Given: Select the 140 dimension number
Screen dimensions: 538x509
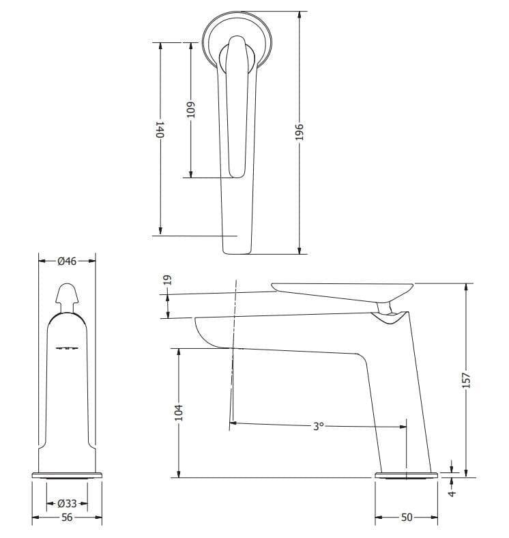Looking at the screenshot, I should (160, 130).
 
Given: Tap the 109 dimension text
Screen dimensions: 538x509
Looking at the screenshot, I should (191, 110).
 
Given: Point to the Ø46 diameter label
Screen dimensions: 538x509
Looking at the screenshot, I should (67, 261).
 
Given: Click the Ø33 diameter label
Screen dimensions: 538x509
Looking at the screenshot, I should (67, 504).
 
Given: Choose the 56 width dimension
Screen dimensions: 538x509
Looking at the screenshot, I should (67, 518).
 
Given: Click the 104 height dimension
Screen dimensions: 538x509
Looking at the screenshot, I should (179, 412).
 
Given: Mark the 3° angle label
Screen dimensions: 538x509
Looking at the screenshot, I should (318, 426).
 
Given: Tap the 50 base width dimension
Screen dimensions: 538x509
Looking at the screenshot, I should (407, 518).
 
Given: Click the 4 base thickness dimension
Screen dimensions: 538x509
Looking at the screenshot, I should (452, 490).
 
